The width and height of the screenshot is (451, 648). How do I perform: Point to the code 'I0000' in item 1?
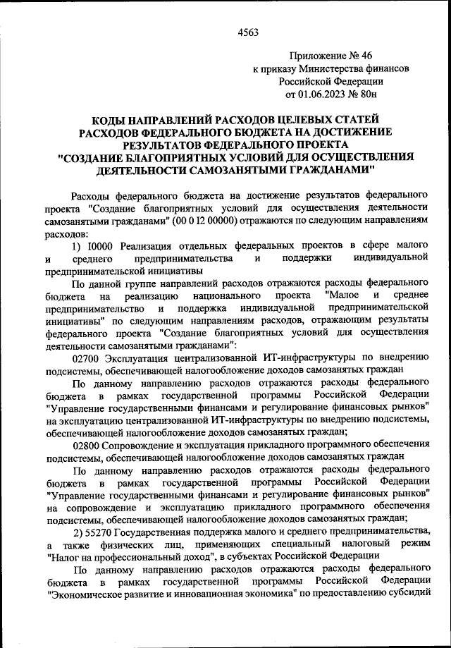102,245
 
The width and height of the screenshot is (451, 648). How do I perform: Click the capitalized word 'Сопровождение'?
137,446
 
